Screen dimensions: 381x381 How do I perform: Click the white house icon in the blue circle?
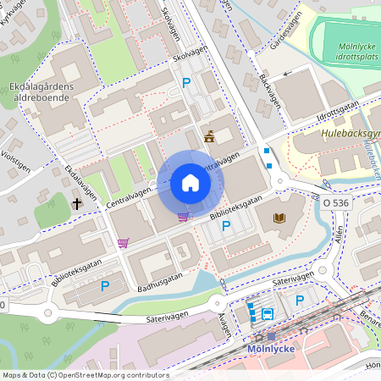(190, 183)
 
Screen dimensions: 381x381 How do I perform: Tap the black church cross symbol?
(77, 203)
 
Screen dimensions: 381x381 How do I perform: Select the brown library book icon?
(279, 218)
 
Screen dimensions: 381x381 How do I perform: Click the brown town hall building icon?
(209, 136)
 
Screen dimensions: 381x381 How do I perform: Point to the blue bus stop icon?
(268, 313)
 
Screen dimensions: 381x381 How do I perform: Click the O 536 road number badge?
(336, 203)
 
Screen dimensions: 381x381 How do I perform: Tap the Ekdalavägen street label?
(80, 183)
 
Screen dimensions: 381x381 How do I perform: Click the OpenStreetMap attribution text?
(85, 375)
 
